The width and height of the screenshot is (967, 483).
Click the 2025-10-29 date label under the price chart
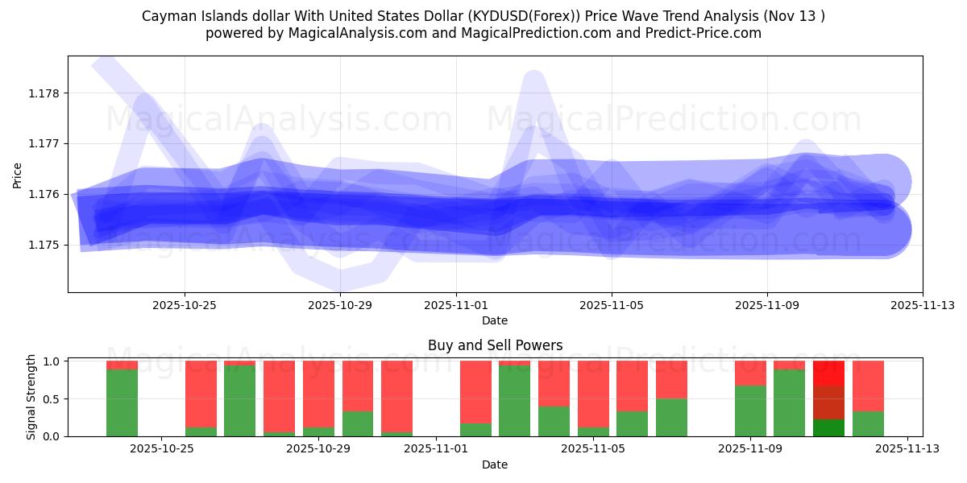tap(340, 305)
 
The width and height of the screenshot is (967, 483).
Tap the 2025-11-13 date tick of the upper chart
tap(922, 305)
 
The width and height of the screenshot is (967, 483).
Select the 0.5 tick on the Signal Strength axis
tap(52, 399)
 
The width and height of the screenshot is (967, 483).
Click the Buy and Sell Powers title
tap(495, 345)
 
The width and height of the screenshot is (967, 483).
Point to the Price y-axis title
tap(18, 175)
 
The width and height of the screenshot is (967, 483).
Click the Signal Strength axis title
tap(31, 397)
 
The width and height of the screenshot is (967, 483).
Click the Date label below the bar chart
tap(495, 464)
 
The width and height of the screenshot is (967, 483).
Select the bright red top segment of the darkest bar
tap(828, 373)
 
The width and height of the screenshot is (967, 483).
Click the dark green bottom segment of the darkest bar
tap(828, 427)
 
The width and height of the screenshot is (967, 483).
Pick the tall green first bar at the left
tap(122, 402)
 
